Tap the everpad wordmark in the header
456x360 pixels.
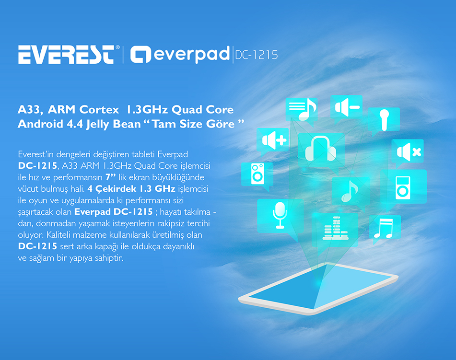[180, 54]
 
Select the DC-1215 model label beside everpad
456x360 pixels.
[256, 55]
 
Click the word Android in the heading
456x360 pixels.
[40, 124]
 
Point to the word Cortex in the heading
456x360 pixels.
[99, 110]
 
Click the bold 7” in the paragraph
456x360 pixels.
[111, 177]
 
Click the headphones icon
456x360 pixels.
[320, 149]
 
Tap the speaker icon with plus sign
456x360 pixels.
[274, 140]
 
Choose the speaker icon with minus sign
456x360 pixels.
[347, 107]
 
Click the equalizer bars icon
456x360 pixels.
[335, 228]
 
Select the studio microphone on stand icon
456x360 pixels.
[280, 215]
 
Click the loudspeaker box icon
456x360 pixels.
[257, 174]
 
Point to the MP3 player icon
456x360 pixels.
[403, 187]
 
